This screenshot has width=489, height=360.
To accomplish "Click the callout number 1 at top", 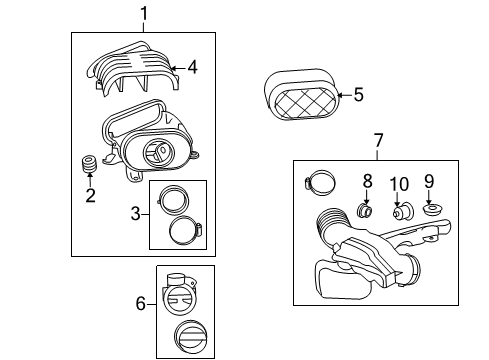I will click(143, 13).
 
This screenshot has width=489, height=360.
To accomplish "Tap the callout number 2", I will click(90, 195).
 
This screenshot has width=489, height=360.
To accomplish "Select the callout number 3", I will click(137, 212).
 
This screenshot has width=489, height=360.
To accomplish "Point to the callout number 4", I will click(192, 68).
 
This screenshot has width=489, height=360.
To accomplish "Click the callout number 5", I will click(359, 97).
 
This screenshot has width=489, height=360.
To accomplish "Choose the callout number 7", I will click(377, 141).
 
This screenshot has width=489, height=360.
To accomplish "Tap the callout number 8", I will click(367, 181).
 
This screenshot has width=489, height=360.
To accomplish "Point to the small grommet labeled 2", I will click(89, 165).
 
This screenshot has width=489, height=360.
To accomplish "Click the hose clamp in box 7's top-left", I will click(319, 183).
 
